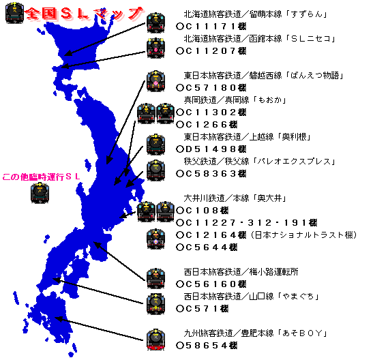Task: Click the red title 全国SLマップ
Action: (84, 14)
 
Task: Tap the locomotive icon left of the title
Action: (14, 12)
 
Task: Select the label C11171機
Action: (211, 26)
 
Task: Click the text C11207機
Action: (211, 50)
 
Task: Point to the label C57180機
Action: (211, 87)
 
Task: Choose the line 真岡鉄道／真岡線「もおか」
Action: (235, 100)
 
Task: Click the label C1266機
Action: (207, 124)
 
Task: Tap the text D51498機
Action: (211, 149)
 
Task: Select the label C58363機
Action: (211, 174)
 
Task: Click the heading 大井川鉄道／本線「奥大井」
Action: (235, 198)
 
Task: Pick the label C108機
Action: (202, 211)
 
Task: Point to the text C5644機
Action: (207, 247)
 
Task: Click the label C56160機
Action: (211, 284)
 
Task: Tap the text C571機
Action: (202, 309)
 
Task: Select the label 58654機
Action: (207, 345)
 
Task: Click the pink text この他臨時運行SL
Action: (41, 177)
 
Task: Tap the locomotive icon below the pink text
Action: (40, 192)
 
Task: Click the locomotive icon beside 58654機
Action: (155, 340)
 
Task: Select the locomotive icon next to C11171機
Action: (155, 22)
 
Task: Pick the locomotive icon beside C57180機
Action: (155, 81)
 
